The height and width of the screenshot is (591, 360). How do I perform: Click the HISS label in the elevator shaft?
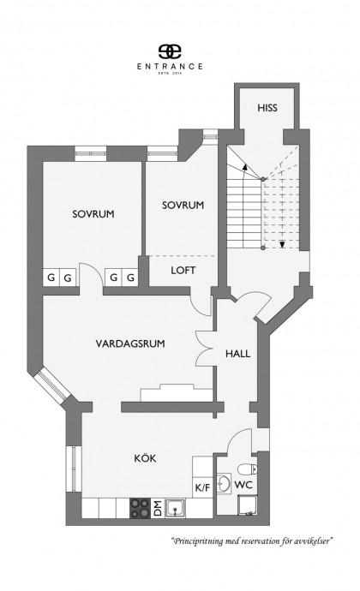point(267,108)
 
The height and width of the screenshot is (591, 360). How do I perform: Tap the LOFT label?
point(183,271)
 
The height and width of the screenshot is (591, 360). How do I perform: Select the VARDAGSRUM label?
point(130,343)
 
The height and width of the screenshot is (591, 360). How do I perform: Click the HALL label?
point(237,354)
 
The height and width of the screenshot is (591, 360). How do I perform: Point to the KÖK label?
point(145,458)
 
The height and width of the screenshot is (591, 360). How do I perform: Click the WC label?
point(243,485)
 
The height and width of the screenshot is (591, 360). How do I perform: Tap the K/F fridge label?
point(202,487)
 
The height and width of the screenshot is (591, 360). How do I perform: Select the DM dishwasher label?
point(158,508)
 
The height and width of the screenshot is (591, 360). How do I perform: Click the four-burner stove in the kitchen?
point(140,508)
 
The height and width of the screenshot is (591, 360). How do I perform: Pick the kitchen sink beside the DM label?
point(176,508)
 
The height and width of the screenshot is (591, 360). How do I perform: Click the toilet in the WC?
point(247,469)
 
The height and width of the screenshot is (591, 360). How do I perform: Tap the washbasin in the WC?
point(224,483)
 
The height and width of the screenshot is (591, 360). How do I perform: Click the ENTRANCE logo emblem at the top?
point(170,51)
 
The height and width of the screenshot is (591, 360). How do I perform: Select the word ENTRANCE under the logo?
point(170,66)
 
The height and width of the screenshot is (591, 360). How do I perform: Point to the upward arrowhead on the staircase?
point(245,167)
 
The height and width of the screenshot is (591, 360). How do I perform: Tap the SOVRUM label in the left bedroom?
point(93,214)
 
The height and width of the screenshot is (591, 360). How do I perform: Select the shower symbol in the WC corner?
point(247,505)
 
